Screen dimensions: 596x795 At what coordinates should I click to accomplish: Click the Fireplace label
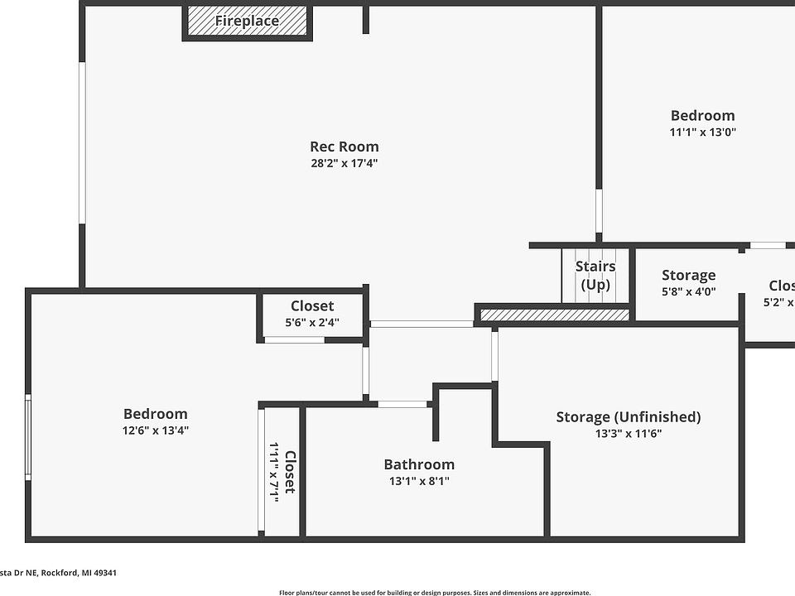(x=247, y=22)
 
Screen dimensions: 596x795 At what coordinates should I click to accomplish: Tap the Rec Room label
(x=344, y=147)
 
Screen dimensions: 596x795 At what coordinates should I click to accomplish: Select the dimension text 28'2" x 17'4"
(x=344, y=163)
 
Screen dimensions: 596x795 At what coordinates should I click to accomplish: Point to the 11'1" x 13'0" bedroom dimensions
(x=703, y=132)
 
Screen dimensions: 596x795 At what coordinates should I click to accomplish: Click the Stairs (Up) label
(x=595, y=276)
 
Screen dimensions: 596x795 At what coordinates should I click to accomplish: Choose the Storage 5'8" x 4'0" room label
(x=688, y=276)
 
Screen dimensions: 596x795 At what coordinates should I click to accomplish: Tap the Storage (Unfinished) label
(x=628, y=416)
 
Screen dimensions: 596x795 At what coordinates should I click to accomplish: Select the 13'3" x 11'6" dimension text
(x=628, y=433)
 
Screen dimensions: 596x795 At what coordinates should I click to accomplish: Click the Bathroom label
(x=419, y=464)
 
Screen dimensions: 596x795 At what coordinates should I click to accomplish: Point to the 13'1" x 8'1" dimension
(x=419, y=481)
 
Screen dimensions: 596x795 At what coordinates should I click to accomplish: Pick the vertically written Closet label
(x=290, y=472)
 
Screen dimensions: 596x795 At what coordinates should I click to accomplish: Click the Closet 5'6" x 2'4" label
(x=312, y=306)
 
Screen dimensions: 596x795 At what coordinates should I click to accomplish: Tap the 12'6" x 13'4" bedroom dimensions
(x=156, y=430)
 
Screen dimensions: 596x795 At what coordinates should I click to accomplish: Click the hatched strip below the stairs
(x=554, y=315)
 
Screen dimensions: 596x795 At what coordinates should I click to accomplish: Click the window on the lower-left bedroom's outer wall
(x=28, y=436)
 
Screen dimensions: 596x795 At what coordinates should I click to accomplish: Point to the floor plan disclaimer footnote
(x=435, y=592)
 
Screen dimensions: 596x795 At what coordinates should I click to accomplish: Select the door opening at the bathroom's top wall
(x=402, y=404)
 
